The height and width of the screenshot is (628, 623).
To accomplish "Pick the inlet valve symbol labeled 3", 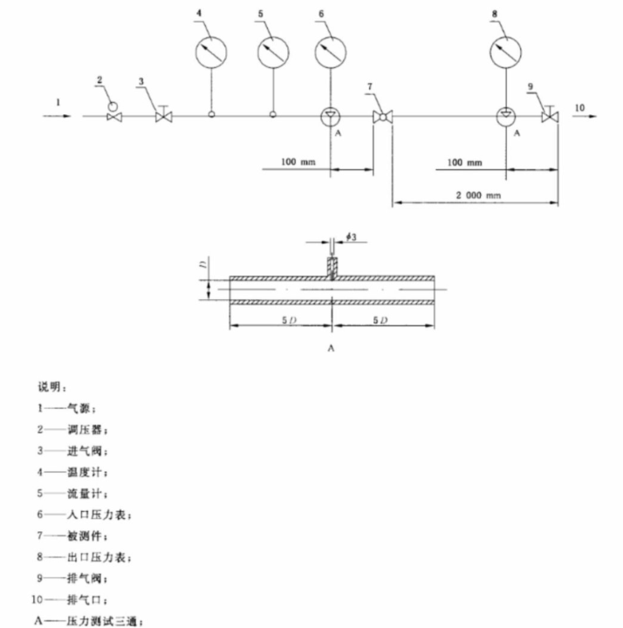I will pos(162,114).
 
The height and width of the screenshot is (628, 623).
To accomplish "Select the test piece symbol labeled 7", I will pos(382,116).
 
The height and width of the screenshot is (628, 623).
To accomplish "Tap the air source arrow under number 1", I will pos(58,115).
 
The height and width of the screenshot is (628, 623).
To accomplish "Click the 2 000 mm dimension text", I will pos(475,196).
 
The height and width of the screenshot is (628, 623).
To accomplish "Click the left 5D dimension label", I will pos(280,321).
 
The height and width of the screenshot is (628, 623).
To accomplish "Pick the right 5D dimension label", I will pos(382,321).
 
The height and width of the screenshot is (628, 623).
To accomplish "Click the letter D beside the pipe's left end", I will pos(202,262).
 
